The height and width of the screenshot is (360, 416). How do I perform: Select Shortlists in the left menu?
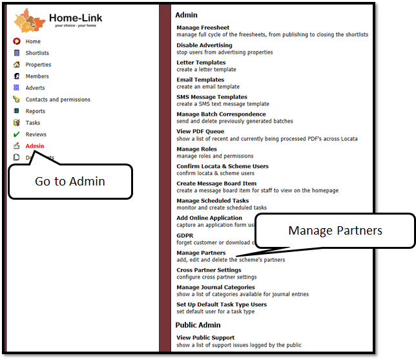[37, 53]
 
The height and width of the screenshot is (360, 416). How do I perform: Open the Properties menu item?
[38, 65]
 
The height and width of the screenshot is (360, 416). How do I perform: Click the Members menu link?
[37, 76]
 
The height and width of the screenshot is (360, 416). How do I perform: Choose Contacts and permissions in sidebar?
[57, 100]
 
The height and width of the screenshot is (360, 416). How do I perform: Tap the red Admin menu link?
[35, 146]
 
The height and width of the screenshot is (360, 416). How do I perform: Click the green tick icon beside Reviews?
[16, 134]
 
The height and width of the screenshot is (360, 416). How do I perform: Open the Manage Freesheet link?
[202, 28]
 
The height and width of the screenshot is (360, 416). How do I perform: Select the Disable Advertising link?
[204, 45]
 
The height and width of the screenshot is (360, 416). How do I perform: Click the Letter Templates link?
[201, 63]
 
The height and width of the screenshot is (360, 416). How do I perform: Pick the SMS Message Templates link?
[212, 97]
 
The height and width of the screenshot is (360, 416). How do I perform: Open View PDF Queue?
[200, 131]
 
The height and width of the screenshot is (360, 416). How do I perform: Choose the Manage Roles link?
[197, 149]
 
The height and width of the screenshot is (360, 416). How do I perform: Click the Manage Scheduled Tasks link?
[213, 201]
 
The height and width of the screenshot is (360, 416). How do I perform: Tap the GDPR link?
[185, 236]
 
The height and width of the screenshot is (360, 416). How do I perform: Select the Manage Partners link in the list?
[201, 253]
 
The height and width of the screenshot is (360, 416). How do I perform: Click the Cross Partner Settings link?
[209, 270]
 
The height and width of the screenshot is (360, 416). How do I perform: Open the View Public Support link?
[205, 337]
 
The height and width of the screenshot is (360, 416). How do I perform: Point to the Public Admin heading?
[198, 325]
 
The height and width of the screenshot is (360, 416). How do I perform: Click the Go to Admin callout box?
[70, 182]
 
